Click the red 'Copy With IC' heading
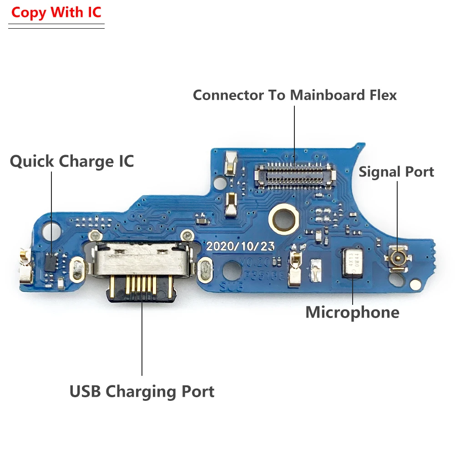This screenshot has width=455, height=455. click(x=56, y=12)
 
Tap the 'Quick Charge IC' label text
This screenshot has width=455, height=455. click(x=72, y=162)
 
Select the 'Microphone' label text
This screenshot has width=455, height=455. click(x=352, y=313)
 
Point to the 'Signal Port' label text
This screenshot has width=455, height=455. click(x=396, y=172)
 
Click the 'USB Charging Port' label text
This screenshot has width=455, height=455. click(x=142, y=391)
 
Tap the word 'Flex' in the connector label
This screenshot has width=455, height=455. click(x=382, y=95)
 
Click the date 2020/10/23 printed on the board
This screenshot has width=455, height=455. click(x=241, y=246)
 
